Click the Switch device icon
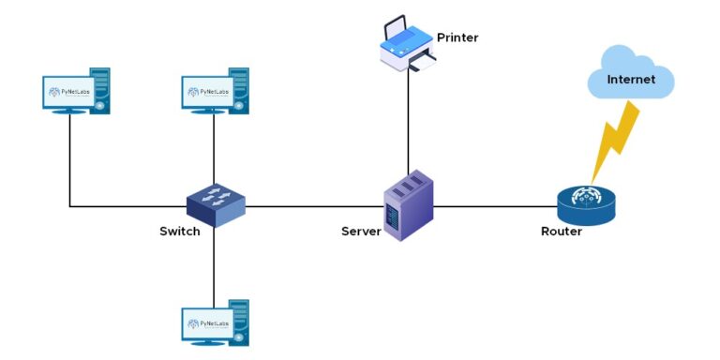(215, 203)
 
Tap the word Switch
(179, 232)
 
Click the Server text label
(361, 232)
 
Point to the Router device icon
(586, 204)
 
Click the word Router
(562, 232)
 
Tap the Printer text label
(457, 37)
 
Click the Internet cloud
(631, 76)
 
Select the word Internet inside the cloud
(631, 80)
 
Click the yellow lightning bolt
(614, 141)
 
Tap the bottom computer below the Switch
(215, 323)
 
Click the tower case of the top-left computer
(99, 90)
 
